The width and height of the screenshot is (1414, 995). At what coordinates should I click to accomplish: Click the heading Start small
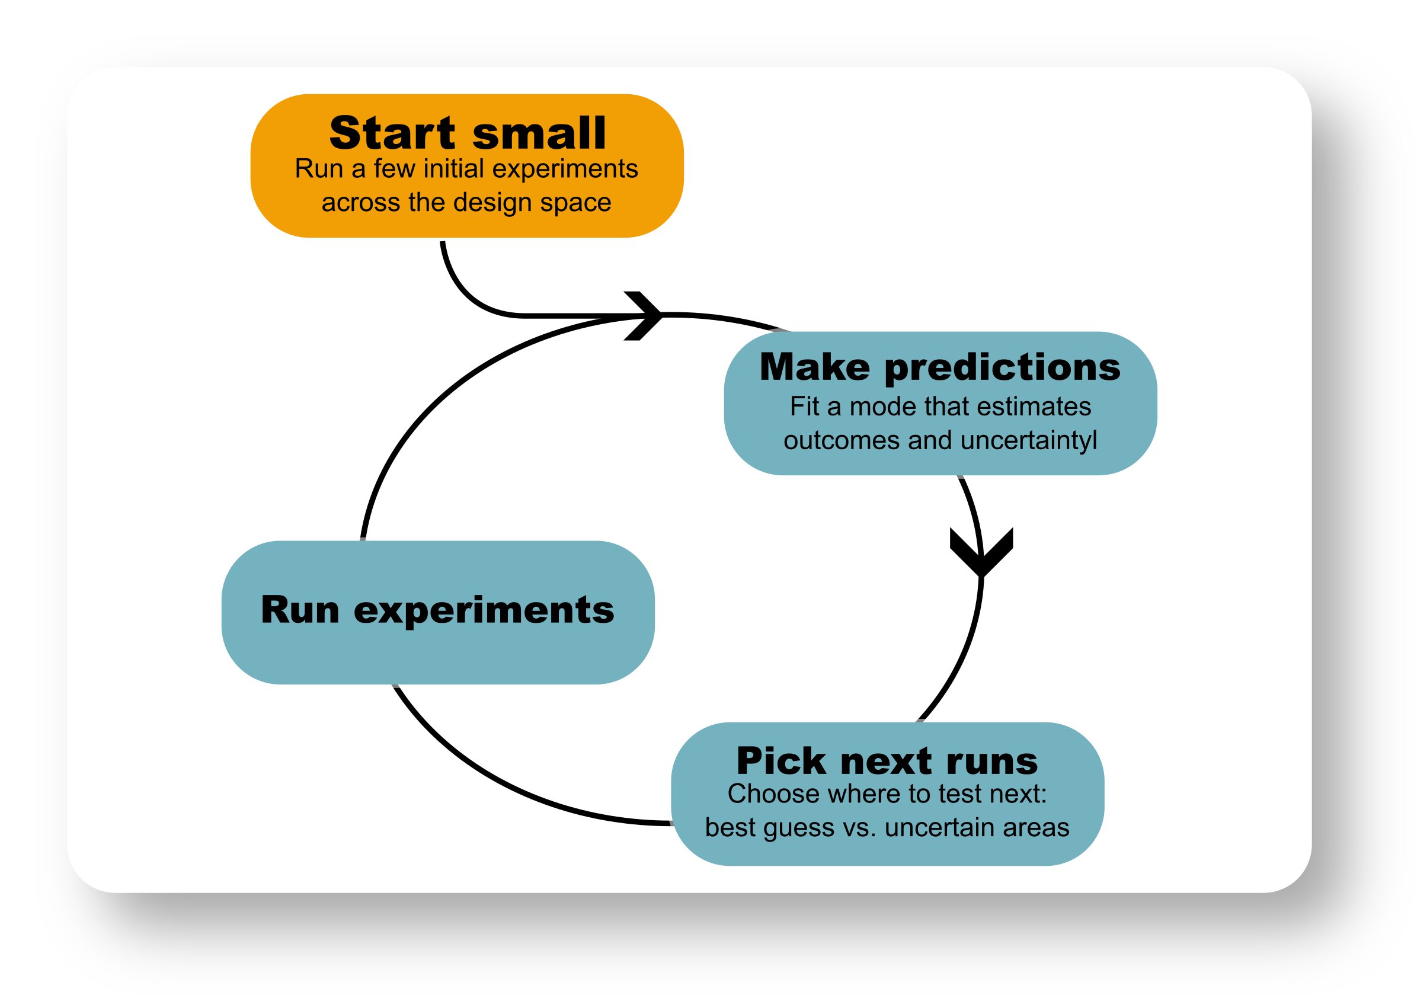pyautogui.click(x=468, y=133)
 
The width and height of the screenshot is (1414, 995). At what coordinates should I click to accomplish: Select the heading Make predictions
pyautogui.click(x=940, y=367)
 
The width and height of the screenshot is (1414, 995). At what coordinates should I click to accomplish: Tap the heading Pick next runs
pyautogui.click(x=887, y=761)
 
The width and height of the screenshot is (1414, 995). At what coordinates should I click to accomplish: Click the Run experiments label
pyautogui.click(x=437, y=610)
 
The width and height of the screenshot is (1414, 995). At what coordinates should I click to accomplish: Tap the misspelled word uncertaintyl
pyautogui.click(x=1028, y=441)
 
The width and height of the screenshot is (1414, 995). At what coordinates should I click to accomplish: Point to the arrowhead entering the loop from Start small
pyautogui.click(x=644, y=315)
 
